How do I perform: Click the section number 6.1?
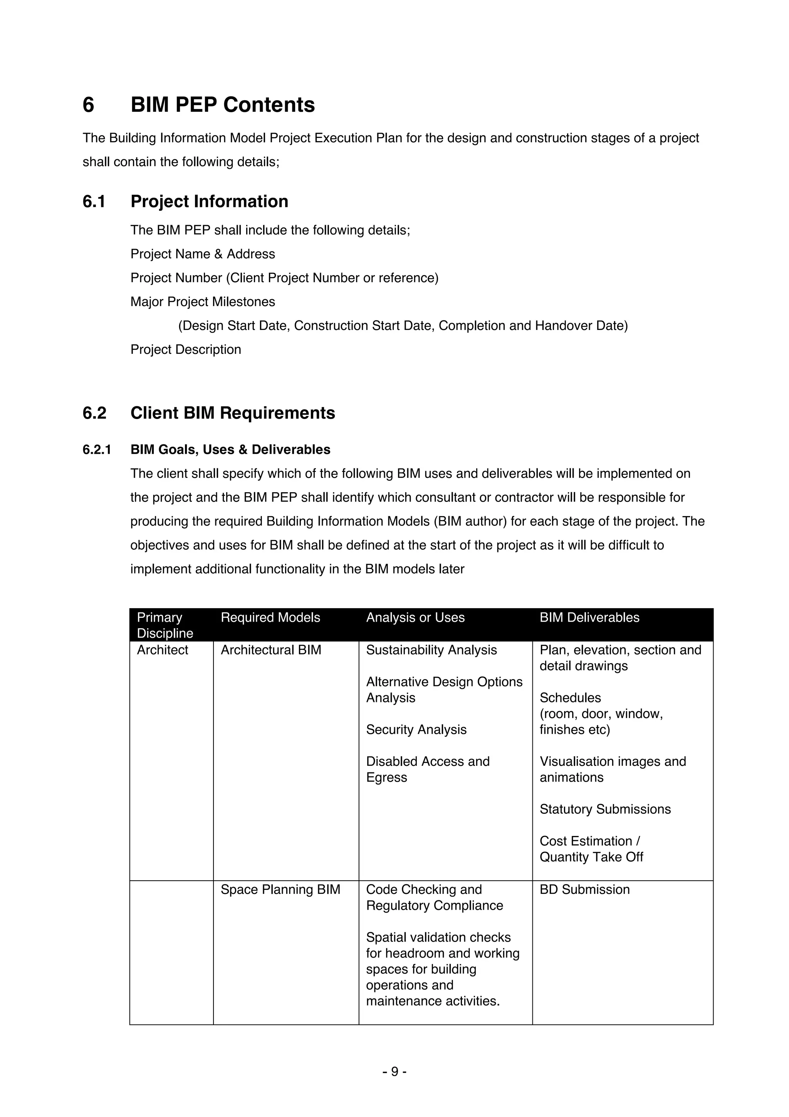tap(94, 202)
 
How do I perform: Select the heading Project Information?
tap(209, 202)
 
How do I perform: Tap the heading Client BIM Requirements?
tap(232, 413)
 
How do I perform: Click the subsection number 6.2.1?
tap(97, 449)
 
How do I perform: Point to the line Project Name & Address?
tap(202, 254)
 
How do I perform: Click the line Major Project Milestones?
tap(202, 302)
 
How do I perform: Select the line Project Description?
tap(185, 349)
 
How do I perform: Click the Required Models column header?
tap(270, 617)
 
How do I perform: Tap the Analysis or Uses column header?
tap(415, 617)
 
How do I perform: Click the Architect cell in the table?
tap(162, 650)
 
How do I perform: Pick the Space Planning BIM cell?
tap(280, 889)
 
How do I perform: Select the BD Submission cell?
tap(584, 889)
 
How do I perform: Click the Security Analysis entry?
tap(416, 729)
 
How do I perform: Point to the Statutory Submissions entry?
tap(605, 809)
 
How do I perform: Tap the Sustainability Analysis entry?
tap(431, 650)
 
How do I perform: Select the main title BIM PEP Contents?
tap(223, 104)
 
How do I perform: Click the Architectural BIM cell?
tap(271, 650)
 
